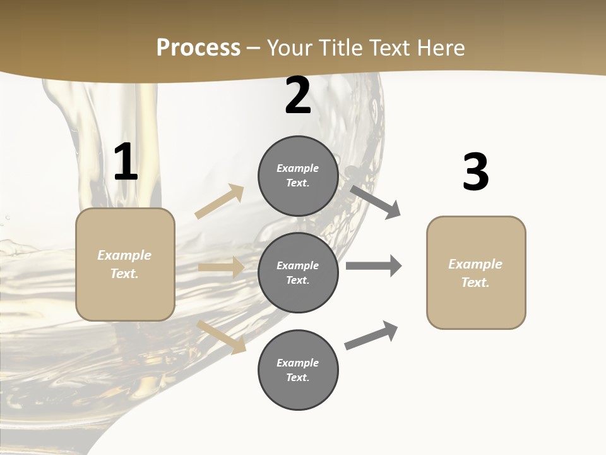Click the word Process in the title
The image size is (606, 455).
pyautogui.click(x=198, y=47)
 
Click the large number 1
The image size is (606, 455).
pyautogui.click(x=126, y=162)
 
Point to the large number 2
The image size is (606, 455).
pyautogui.click(x=298, y=96)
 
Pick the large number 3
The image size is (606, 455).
pyautogui.click(x=475, y=172)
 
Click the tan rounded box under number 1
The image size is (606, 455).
pyautogui.click(x=125, y=264)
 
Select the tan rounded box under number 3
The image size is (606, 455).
pyautogui.click(x=476, y=273)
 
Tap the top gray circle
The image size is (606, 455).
pyautogui.click(x=298, y=176)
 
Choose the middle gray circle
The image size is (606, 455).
pyautogui.click(x=298, y=272)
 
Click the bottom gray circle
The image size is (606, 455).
pyautogui.click(x=298, y=370)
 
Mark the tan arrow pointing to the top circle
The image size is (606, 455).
pyautogui.click(x=220, y=201)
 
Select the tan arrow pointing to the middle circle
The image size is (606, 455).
pyautogui.click(x=221, y=267)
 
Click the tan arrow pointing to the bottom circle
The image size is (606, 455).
pyautogui.click(x=222, y=337)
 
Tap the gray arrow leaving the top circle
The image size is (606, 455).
pyautogui.click(x=376, y=202)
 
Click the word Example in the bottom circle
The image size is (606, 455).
pyautogui.click(x=297, y=363)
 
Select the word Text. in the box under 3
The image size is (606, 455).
pyautogui.click(x=475, y=282)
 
